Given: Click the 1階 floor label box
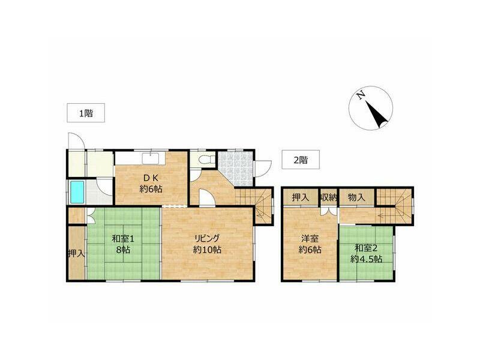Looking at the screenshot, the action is (86, 113).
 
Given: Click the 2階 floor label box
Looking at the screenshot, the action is (301, 160).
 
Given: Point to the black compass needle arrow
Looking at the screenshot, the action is (377, 115).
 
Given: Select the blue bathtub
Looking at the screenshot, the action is (77, 192).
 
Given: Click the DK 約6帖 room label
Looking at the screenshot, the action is (151, 183).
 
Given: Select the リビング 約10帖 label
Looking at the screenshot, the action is (207, 244).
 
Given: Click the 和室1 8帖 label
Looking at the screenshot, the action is (123, 244).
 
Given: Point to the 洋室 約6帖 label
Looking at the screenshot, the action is (310, 244).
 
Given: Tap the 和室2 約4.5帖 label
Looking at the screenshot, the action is (367, 253).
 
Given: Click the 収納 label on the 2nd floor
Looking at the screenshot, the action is (329, 197).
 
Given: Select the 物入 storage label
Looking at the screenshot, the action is (357, 197).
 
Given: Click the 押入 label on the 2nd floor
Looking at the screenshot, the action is (301, 197).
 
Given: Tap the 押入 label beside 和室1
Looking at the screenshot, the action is (76, 253).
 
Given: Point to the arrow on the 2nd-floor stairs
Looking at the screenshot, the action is (386, 215).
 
